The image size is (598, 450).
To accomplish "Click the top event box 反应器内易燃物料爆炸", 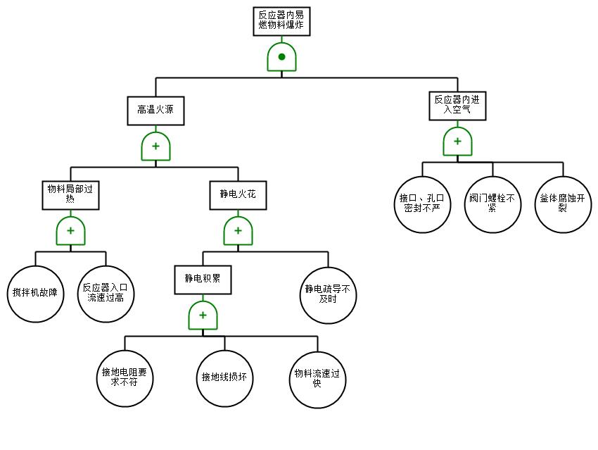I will pos(281,21).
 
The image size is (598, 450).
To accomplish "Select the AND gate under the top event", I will pos(281,57).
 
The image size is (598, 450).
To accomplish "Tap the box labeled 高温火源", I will pos(155,111).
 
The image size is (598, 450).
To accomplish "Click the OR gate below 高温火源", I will pos(155,146).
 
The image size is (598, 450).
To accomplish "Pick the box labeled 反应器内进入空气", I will pos(457,106).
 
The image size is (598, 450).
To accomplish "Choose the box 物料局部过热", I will pos(70,195).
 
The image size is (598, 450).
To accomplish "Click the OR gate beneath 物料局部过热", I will pos(70,231).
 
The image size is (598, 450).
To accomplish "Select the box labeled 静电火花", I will pos(238,195).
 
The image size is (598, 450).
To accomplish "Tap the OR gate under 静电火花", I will pos(238,231).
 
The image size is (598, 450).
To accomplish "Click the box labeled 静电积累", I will pos(203,279).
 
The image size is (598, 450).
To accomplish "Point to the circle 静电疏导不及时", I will pos(328,294).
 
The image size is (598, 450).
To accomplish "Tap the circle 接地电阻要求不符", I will pos(125,379).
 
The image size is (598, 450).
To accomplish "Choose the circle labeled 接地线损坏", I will pos(224,379).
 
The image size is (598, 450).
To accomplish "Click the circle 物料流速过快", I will pos(317,379).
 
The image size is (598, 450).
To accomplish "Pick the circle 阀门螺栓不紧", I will pos(492,204).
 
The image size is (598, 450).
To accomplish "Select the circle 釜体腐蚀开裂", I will pos(563,204).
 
